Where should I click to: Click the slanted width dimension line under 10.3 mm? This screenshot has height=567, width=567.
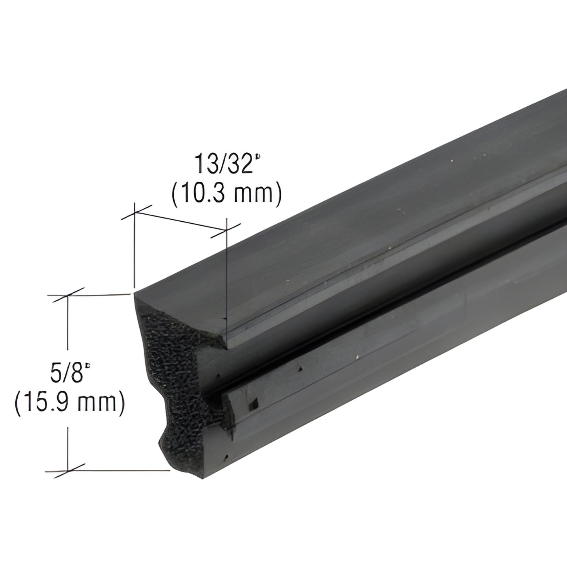180,221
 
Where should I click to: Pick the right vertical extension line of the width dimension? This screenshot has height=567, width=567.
226,275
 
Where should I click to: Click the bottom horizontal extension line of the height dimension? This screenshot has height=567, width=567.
122,470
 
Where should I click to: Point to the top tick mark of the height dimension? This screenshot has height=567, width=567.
69,295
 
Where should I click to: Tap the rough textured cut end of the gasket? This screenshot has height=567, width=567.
173,377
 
